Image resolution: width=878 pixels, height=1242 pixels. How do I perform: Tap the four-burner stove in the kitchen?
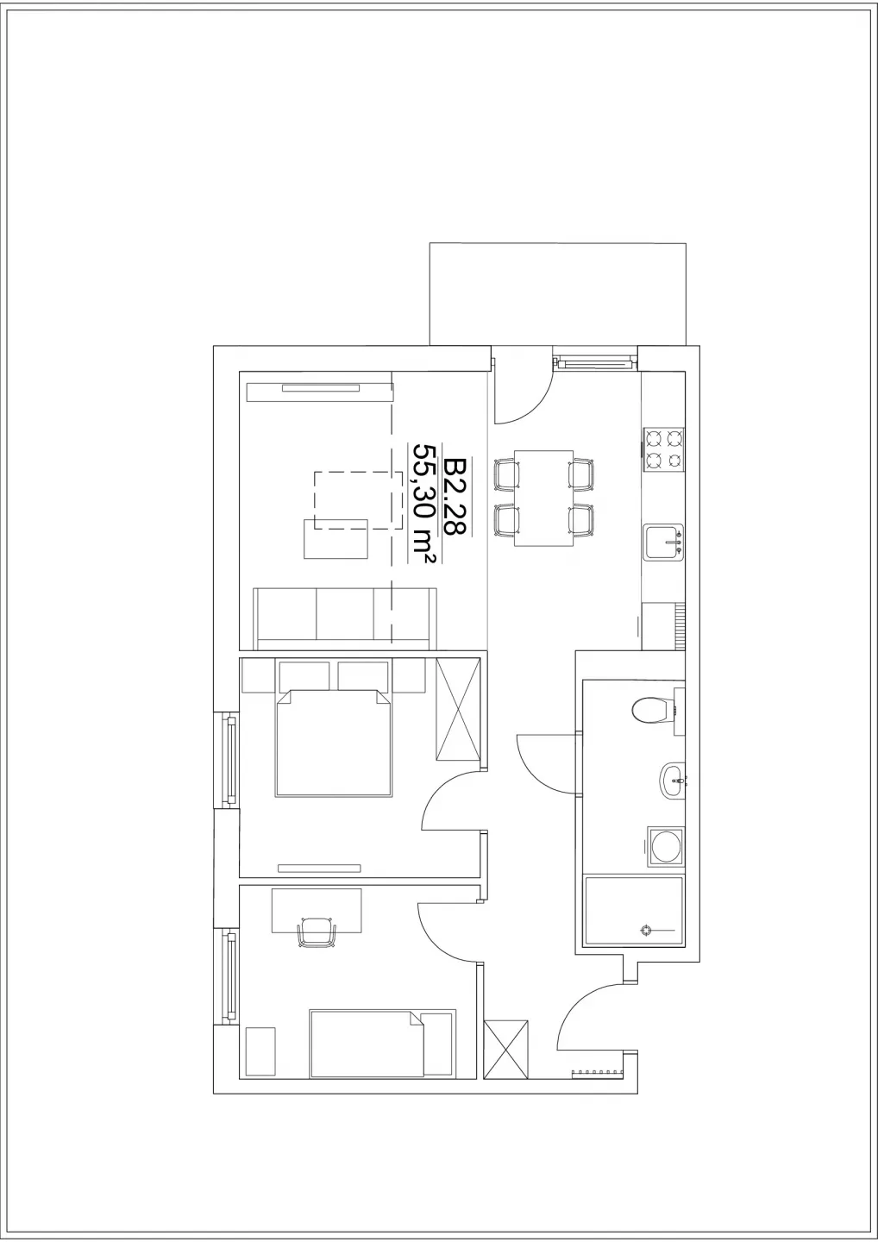coord(663,449)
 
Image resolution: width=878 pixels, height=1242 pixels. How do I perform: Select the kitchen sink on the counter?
coord(663,543)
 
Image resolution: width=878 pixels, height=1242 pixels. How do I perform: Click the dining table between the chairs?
coord(543,498)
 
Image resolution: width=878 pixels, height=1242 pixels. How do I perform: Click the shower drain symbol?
coord(646,930)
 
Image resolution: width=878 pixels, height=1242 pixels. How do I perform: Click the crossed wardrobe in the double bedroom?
coord(458,710)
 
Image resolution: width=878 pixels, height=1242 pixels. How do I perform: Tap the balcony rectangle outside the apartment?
coord(558,294)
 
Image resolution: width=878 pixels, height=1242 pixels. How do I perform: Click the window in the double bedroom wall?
coord(227,761)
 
